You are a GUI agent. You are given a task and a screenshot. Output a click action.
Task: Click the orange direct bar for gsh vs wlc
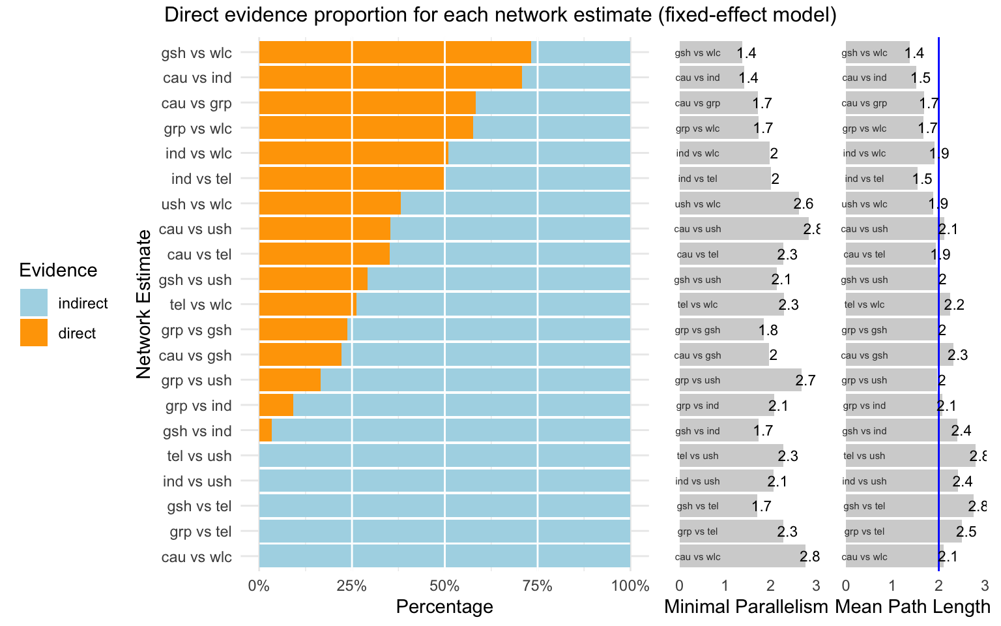(394, 53)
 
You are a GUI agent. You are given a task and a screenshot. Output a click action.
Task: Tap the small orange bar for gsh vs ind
(265, 431)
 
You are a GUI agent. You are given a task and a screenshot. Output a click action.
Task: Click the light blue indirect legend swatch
(34, 303)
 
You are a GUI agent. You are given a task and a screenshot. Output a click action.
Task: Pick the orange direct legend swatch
(34, 333)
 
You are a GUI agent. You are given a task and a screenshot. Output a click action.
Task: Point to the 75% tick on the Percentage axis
(537, 586)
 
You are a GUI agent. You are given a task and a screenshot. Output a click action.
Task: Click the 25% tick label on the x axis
(351, 586)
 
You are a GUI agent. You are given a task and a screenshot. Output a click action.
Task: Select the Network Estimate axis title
(144, 304)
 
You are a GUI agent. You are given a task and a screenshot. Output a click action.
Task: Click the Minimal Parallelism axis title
(746, 607)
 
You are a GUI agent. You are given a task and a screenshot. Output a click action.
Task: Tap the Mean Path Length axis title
(912, 607)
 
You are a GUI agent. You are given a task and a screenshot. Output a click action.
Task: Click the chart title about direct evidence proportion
(500, 15)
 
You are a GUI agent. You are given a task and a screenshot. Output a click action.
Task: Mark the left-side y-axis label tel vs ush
(200, 456)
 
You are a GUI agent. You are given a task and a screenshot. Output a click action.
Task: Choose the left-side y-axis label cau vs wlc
(196, 558)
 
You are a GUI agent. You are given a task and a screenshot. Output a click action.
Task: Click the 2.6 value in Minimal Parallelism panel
(804, 204)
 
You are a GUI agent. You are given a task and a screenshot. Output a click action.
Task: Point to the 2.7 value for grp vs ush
(805, 381)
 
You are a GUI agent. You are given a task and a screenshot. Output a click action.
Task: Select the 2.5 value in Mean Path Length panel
(966, 532)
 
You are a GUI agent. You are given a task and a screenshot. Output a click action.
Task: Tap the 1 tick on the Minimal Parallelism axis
(725, 586)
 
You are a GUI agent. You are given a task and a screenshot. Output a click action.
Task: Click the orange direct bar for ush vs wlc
(330, 204)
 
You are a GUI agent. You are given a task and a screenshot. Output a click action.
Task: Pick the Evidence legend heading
(58, 271)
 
